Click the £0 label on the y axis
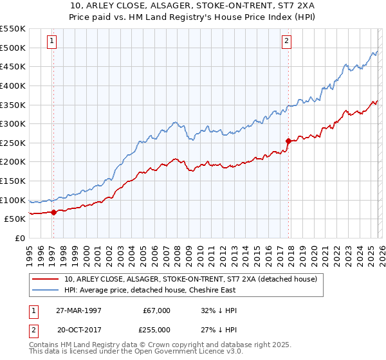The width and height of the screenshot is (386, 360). click(x=20, y=238)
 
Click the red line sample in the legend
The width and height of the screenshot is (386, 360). click(x=46, y=279)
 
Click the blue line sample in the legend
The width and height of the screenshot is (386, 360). click(x=46, y=290)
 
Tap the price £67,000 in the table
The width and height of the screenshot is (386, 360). click(x=157, y=310)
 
